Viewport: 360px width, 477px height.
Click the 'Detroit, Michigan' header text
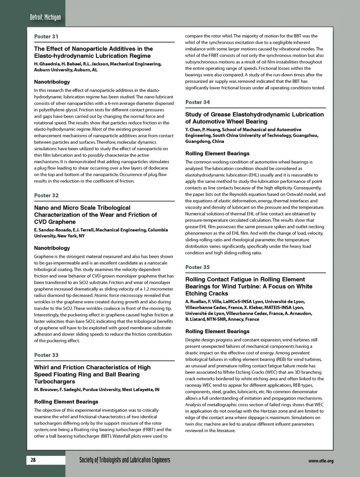[45, 17]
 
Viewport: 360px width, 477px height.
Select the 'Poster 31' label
[46, 36]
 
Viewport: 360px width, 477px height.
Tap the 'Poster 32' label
[46, 196]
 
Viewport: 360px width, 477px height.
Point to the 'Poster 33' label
[46, 355]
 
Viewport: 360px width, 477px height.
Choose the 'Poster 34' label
[197, 102]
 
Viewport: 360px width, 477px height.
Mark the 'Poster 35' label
[197, 267]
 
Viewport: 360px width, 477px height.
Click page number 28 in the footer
[33, 460]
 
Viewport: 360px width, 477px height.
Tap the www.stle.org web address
[321, 461]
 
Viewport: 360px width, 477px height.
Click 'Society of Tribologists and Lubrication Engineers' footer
[124, 460]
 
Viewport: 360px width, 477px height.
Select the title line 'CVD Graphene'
[55, 222]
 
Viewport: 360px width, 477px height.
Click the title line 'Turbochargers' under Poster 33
[54, 381]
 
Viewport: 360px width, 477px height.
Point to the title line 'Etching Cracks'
[207, 293]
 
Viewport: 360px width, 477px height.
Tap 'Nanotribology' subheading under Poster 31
[52, 82]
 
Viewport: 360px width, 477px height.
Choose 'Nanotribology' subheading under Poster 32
[52, 248]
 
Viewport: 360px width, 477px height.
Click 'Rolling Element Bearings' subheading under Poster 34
[217, 153]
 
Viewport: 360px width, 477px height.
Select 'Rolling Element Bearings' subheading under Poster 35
[217, 331]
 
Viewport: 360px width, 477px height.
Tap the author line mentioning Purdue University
[96, 390]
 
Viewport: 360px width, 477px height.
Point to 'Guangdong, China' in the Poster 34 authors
[204, 141]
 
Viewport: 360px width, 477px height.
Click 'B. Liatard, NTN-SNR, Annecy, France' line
[222, 319]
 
